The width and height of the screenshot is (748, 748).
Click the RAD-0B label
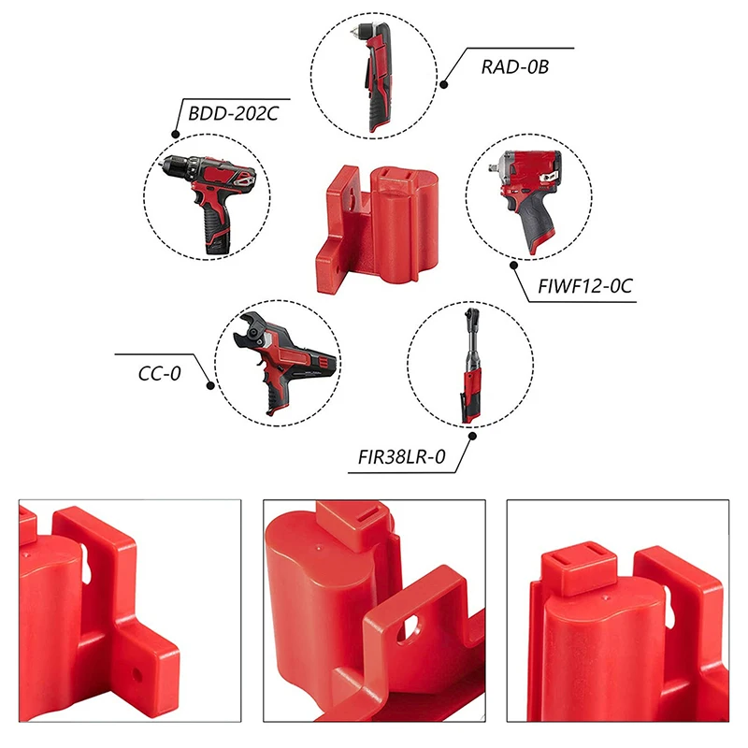[515, 66]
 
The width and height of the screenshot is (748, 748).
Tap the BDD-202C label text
[233, 113]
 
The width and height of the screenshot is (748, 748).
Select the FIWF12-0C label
[585, 286]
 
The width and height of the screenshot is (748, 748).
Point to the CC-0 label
[159, 373]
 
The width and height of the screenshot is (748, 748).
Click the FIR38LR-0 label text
[402, 457]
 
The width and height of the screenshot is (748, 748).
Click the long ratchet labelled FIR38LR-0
[471, 366]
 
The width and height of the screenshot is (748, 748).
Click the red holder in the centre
[377, 229]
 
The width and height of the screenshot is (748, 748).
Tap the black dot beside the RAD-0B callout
[443, 85]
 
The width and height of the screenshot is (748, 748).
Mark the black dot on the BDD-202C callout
[176, 135]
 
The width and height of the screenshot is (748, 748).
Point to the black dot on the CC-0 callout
[210, 385]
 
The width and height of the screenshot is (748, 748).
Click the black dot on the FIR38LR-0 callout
[472, 436]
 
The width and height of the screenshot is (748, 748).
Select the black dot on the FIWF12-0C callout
[513, 266]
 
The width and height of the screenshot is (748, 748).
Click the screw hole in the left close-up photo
[137, 674]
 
